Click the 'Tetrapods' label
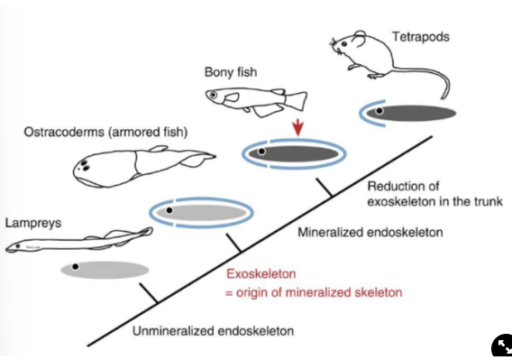coord(420,37)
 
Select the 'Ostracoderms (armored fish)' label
coord(105,133)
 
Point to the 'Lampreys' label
coord(32,221)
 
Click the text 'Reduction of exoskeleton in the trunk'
coord(434,193)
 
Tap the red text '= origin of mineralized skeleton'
coord(313,291)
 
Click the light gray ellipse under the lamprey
coord(105,269)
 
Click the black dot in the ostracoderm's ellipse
coord(169,210)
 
